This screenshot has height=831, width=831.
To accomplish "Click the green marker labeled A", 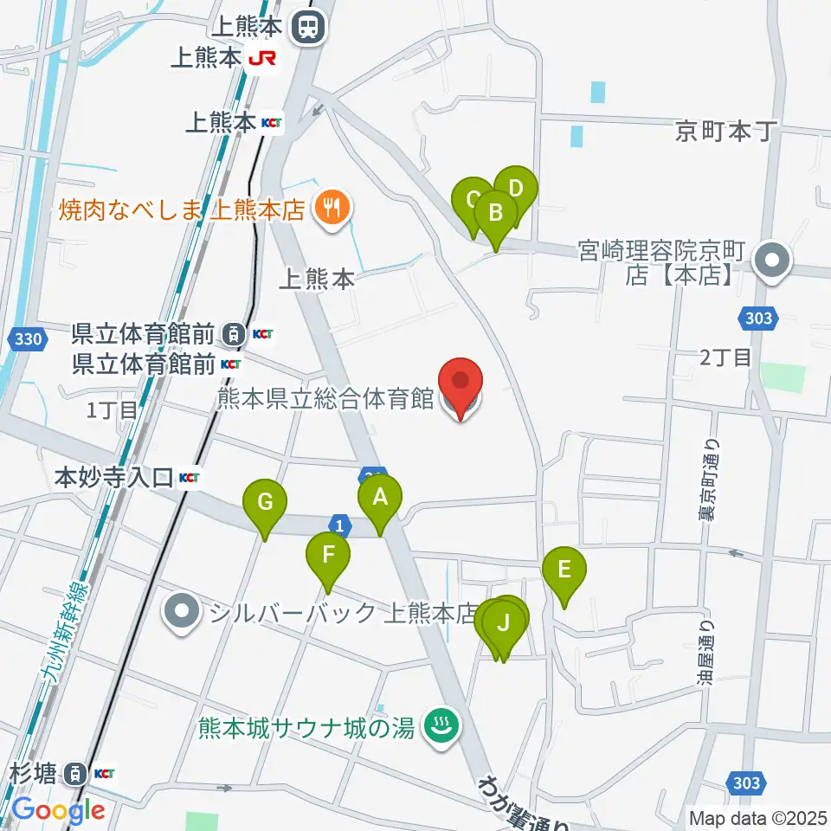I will point(380,497).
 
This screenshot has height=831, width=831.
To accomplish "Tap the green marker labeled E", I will point(564,570).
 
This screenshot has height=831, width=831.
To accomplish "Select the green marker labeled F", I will point(329,554).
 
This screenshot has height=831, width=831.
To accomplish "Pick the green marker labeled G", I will point(265,502).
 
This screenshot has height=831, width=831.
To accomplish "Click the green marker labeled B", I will point(496,212).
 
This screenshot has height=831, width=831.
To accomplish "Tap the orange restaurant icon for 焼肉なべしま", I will point(332,208).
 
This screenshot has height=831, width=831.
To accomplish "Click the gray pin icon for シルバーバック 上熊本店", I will point(183,613).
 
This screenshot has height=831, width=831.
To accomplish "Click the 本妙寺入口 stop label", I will point(116,477).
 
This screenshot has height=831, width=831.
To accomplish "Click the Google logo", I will point(58,810).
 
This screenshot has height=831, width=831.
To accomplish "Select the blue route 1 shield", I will point(341,525).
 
